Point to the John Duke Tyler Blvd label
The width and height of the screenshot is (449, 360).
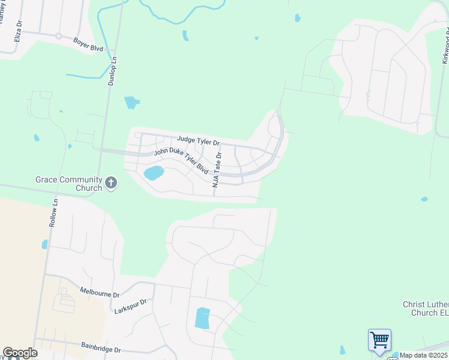pyautogui.click(x=181, y=161)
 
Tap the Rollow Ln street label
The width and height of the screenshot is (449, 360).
pyautogui.click(x=53, y=212)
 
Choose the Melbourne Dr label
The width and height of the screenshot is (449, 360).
pyautogui.click(x=100, y=292)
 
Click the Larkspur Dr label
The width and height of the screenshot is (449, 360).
pyautogui.click(x=131, y=306)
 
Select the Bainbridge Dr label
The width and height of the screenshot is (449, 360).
pyautogui.click(x=100, y=348)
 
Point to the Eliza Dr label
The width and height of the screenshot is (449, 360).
pyautogui.click(x=19, y=31)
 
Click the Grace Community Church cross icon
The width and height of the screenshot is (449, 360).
pyautogui.click(x=110, y=183)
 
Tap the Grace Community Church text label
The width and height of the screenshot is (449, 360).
pyautogui.click(x=69, y=184)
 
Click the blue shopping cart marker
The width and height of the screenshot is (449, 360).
pyautogui.click(x=379, y=340)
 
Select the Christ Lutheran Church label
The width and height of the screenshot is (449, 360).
pyautogui.click(x=426, y=308)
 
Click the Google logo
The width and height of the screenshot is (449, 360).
pyautogui.click(x=20, y=353)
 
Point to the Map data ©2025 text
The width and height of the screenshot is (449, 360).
pyautogui.click(x=423, y=355)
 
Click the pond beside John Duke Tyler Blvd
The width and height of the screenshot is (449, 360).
pyautogui.click(x=153, y=173)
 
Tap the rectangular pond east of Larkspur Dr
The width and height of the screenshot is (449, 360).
pyautogui.click(x=203, y=318)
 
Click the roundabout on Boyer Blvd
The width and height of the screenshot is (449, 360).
pyautogui.click(x=59, y=36)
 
